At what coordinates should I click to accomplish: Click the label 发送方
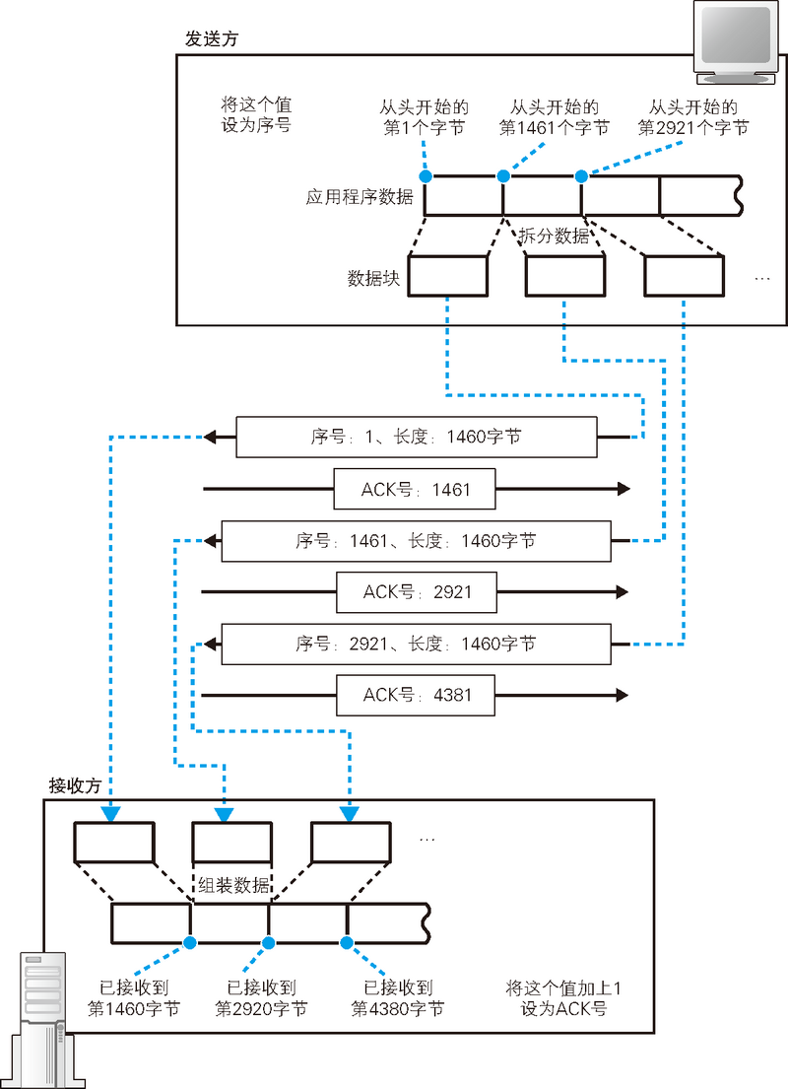click(x=211, y=39)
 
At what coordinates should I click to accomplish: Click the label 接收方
click(x=75, y=785)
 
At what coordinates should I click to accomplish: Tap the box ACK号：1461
click(x=415, y=489)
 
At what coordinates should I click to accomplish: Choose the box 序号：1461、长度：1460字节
click(x=416, y=541)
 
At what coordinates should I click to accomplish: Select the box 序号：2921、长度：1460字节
click(x=416, y=645)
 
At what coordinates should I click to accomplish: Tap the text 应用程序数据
click(x=360, y=196)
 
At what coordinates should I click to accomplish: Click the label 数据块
click(x=373, y=278)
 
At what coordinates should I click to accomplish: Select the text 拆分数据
click(x=554, y=236)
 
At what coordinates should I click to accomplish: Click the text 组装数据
click(x=233, y=885)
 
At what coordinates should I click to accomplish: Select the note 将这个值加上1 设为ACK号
click(x=564, y=998)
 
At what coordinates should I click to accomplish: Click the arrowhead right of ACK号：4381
click(x=622, y=695)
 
